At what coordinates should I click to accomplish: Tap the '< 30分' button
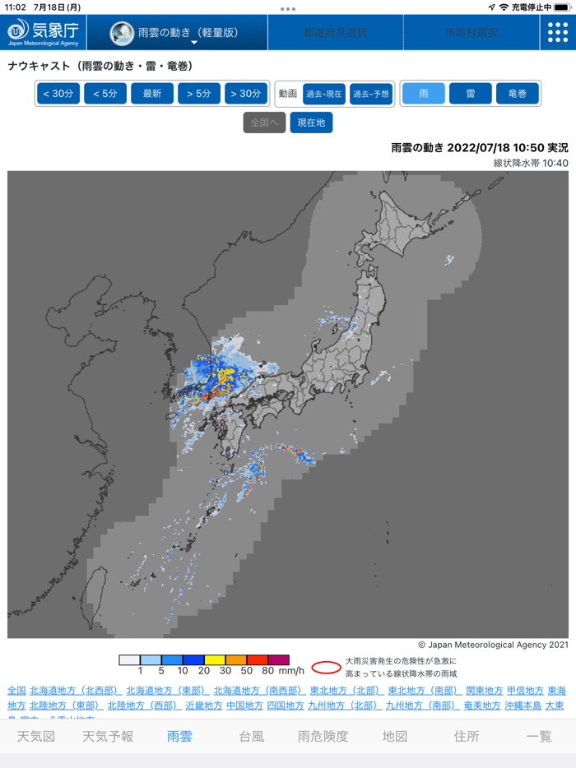58,94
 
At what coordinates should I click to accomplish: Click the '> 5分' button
198,94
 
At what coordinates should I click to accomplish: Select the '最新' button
152,94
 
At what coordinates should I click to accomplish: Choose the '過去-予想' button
371,94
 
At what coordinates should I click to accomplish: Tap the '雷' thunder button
471,94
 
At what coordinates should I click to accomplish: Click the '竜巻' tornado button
518,94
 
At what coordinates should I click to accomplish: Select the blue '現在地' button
311,123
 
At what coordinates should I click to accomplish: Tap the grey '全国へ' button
264,123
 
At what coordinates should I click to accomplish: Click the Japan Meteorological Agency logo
43,32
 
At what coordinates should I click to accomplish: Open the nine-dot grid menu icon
557,32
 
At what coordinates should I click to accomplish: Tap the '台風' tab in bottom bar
252,737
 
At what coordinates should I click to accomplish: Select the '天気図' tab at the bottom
36,737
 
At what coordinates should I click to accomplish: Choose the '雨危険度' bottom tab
323,737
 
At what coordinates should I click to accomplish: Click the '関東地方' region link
485,691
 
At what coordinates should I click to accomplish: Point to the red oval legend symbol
326,667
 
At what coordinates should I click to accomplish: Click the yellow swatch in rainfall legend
215,660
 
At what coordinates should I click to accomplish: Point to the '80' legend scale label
267,672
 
